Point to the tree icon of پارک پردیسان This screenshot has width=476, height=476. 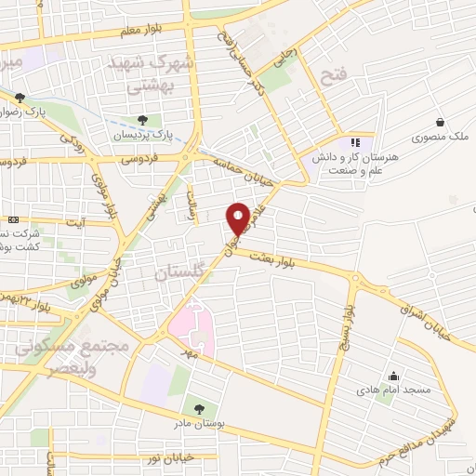142,119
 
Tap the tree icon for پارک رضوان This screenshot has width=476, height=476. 20,97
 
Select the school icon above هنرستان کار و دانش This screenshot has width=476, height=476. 353,142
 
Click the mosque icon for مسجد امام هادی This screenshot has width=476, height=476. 394,377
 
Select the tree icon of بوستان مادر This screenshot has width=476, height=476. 198,407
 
